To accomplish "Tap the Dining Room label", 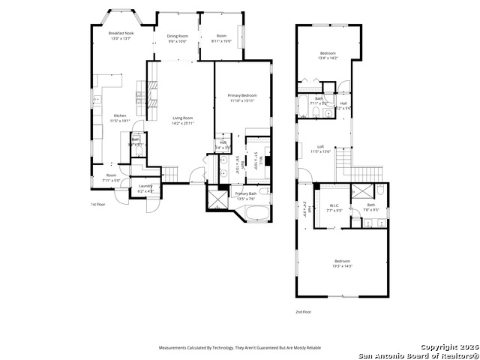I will click(x=177, y=36).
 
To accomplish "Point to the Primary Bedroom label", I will click(x=242, y=96).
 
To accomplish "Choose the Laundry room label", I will click(x=146, y=187).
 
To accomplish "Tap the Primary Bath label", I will click(x=246, y=194).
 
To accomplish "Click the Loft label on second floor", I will click(x=320, y=147).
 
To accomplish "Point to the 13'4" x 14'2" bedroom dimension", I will click(x=328, y=58).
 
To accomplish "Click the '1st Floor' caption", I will click(x=98, y=204).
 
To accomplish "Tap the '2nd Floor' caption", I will click(x=303, y=311).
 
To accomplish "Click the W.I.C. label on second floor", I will click(x=334, y=205).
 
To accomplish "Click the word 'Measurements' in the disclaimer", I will click(x=172, y=348).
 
